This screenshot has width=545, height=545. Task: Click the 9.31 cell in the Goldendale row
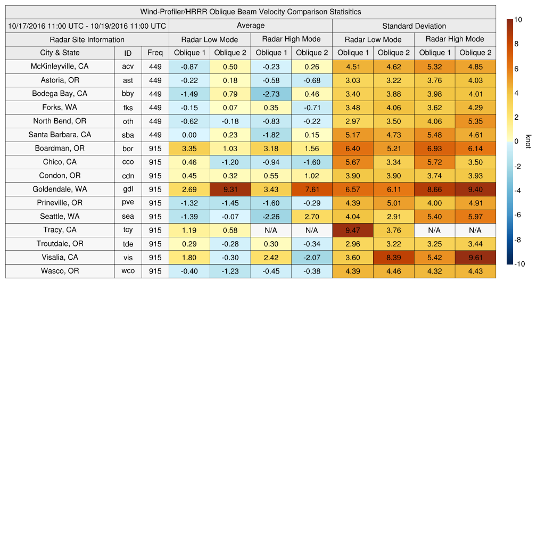(230, 189)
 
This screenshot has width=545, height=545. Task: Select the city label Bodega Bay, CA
(60, 94)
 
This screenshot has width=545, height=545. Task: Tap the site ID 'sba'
(128, 135)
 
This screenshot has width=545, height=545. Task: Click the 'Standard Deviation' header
(414, 26)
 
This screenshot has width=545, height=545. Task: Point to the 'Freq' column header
(155, 53)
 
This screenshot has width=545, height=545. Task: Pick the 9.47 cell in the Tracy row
(352, 230)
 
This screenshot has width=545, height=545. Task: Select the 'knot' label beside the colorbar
(528, 141)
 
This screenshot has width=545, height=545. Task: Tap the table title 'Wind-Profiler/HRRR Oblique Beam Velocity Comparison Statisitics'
(251, 12)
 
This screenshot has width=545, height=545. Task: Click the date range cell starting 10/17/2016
(87, 26)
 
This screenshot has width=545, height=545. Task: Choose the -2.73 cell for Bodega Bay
(271, 94)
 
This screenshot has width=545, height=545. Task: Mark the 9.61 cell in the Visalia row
(475, 258)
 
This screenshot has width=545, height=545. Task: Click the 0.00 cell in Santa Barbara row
(189, 135)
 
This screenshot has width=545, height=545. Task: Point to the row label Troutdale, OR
(60, 244)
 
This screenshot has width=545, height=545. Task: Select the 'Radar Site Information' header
(87, 39)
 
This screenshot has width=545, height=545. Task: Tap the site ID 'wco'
(128, 271)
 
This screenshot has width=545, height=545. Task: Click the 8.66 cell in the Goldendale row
(434, 189)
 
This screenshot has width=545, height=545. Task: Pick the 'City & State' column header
(60, 53)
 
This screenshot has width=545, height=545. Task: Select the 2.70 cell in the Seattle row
(311, 217)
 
